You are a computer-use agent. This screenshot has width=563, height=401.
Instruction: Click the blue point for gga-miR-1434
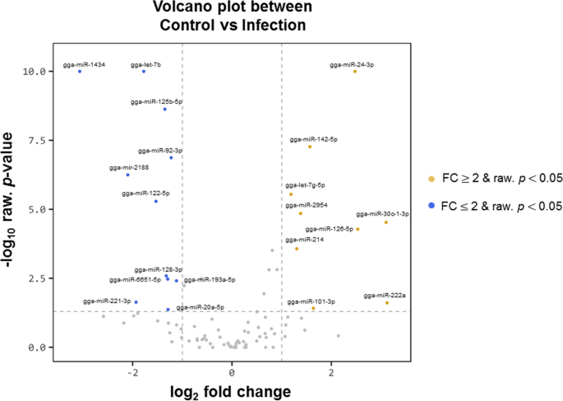[x=80, y=72]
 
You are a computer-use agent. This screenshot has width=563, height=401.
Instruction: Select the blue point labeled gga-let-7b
[x=144, y=72]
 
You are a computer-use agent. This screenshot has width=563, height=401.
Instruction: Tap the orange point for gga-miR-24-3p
[x=355, y=72]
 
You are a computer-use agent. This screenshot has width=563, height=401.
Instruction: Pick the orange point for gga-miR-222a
[x=387, y=303]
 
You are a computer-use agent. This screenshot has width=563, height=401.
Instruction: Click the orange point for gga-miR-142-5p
[x=310, y=147]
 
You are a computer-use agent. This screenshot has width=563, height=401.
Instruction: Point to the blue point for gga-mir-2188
[x=127, y=175]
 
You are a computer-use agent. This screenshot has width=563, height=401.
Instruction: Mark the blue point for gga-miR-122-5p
[x=156, y=201]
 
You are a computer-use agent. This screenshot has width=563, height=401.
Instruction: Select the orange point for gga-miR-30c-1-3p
[x=386, y=222]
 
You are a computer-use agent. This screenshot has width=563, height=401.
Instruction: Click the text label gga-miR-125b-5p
[x=156, y=101]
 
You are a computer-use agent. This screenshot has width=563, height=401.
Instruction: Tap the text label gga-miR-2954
[x=305, y=204]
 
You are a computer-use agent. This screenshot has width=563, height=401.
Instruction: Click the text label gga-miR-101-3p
[x=311, y=302]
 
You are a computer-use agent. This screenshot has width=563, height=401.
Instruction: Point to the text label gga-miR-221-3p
[x=107, y=301]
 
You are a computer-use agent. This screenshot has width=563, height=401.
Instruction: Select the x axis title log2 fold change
[x=232, y=387]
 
